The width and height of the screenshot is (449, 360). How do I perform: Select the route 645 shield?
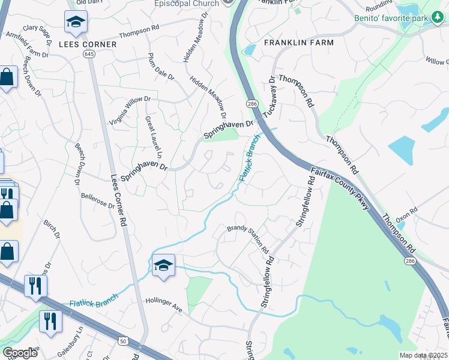(89, 54)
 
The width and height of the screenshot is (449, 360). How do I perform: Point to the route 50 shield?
(123, 341)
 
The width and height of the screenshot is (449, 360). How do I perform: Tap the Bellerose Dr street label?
(98, 200)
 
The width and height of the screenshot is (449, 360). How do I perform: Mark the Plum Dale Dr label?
(160, 67)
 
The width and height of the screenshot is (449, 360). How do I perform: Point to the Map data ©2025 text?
(423, 355)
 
